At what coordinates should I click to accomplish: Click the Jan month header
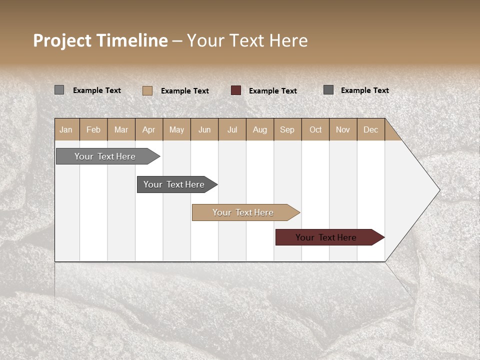tap(66, 129)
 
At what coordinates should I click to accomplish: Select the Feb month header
tap(93, 129)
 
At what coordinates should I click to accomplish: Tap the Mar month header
tap(121, 129)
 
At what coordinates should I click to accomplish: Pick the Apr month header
tap(149, 129)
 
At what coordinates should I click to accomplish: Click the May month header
tap(176, 129)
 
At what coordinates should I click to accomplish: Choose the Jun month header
tap(204, 129)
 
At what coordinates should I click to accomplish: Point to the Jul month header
tap(232, 129)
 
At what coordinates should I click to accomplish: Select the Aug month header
tap(260, 129)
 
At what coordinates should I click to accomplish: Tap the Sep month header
tap(287, 129)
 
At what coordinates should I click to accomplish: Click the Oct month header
tap(315, 129)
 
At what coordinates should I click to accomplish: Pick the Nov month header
tap(343, 129)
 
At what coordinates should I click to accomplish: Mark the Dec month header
tap(371, 129)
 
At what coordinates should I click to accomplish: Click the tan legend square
tap(147, 90)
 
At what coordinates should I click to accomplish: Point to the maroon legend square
tap(236, 90)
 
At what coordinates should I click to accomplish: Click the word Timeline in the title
tap(132, 40)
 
